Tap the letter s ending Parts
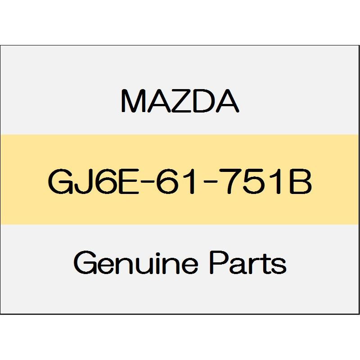click(279, 265)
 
